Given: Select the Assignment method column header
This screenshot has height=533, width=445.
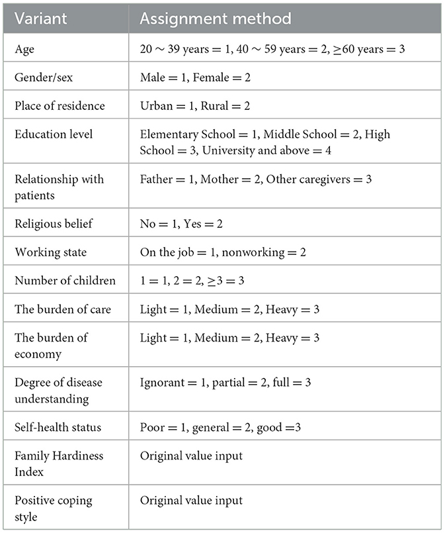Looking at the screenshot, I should pos(216,19).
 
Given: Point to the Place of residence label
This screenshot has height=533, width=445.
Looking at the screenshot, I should pos(60,106).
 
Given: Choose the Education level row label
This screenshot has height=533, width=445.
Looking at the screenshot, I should pos(54,134).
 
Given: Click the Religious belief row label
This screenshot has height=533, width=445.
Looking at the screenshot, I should pos(54,224).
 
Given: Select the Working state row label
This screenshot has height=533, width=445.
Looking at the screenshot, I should pos(50,252).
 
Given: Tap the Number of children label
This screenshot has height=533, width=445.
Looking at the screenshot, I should pos(65,281).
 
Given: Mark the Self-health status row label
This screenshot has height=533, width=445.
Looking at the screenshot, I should pos(58,428).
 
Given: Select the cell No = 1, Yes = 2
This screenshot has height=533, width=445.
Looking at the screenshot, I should pos(181,224).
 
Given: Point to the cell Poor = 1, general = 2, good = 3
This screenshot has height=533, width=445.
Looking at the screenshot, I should pos(220,428).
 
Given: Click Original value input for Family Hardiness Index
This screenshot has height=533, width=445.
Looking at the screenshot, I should pos(191,456).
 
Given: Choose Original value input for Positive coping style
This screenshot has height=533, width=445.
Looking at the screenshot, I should pos(191,501).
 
